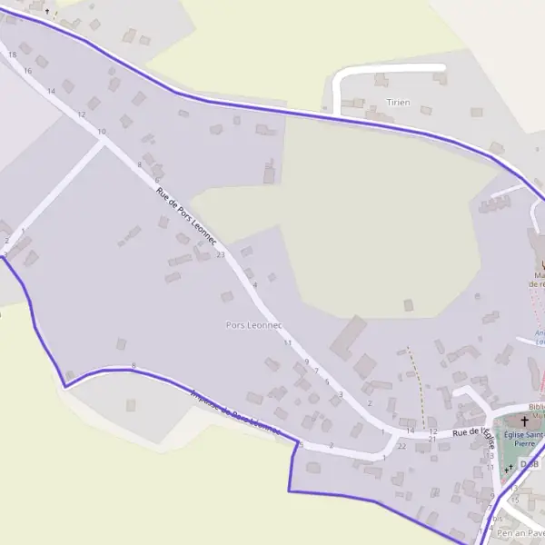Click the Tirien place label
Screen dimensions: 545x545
[398, 103]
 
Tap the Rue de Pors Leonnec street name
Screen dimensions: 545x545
[186, 217]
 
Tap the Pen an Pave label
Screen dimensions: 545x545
[520, 533]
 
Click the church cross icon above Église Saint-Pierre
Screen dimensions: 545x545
[524, 421]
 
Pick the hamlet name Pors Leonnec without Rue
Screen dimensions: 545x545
[254, 324]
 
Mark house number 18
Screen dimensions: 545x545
[12, 54]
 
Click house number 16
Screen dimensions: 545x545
[28, 71]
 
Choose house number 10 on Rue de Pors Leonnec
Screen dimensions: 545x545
[101, 132]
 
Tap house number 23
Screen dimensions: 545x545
[221, 254]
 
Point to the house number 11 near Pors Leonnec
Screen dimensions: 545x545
[288, 343]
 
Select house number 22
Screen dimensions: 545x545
[401, 446]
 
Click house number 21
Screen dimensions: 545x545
[433, 440]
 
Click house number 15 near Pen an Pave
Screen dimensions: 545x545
[515, 500]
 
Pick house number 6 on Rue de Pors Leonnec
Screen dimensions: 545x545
[327, 381]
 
